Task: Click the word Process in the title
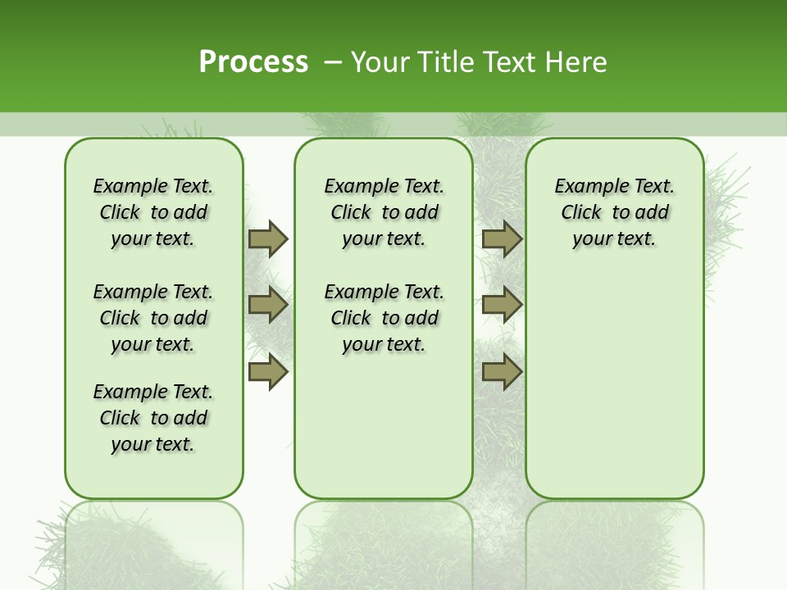pos(253,61)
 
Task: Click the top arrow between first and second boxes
pos(267,238)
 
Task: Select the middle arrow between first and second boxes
pos(267,306)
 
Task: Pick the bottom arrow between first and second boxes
pos(267,372)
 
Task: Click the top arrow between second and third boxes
pos(502,238)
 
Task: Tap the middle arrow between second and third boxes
pos(502,306)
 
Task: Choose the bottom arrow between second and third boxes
pos(502,372)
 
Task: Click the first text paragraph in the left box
pos(153,212)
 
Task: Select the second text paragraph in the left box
pos(153,318)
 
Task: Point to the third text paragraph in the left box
pos(153,418)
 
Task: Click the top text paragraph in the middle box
pos(384,212)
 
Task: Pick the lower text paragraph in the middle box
pos(384,318)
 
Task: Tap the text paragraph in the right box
pos(614,212)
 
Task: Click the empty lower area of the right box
pos(614,385)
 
